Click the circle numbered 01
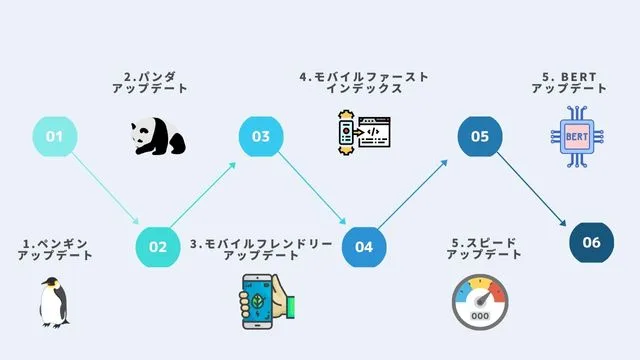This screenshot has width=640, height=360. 55,136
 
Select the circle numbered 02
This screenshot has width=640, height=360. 158,245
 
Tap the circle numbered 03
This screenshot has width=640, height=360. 261,136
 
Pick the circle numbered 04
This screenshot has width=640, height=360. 364,245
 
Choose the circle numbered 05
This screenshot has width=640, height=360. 480,136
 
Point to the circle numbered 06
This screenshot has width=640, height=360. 591,242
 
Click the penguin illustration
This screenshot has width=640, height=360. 54,302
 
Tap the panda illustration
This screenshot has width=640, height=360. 158,137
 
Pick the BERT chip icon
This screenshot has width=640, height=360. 575,135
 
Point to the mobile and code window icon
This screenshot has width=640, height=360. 362,133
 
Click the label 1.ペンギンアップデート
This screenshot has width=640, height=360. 55,249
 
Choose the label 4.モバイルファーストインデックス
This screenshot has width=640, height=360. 364,82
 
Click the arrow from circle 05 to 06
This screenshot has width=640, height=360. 536,190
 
